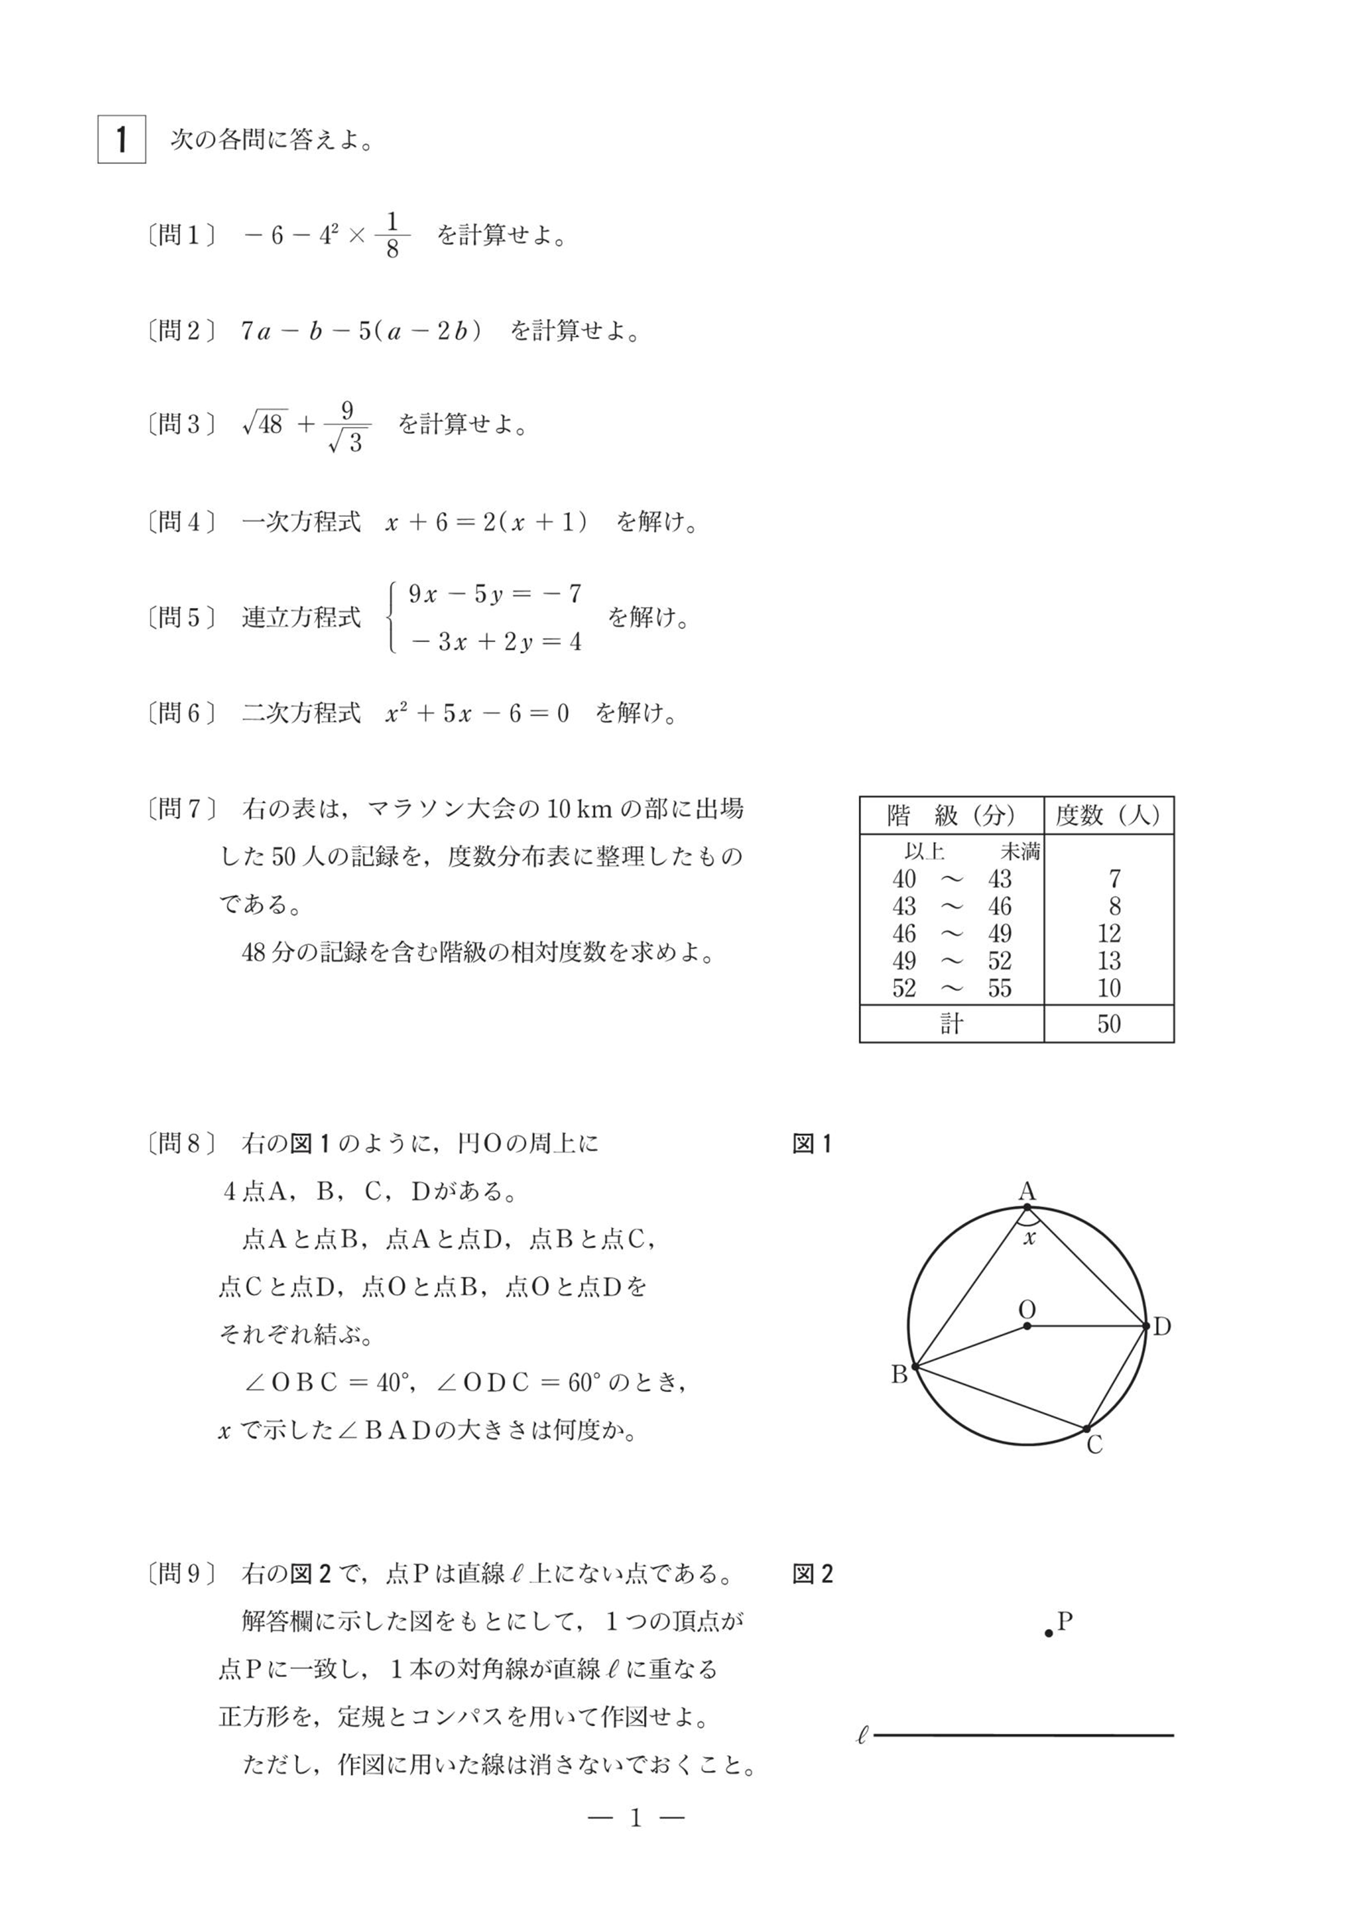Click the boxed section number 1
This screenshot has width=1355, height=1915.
coord(122,139)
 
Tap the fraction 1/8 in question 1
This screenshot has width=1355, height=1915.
coord(392,235)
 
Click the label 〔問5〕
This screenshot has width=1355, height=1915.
coord(181,617)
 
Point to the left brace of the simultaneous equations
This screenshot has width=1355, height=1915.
coord(391,617)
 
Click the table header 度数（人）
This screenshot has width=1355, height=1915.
coord(1108,815)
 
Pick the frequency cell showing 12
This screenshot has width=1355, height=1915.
coord(1109,933)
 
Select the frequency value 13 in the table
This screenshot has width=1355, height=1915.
coord(1109,961)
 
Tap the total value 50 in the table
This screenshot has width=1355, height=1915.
coord(1109,1024)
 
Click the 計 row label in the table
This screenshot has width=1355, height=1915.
coord(951,1024)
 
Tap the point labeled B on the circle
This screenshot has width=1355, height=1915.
coord(915,1367)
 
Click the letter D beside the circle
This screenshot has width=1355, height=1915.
coord(1162,1326)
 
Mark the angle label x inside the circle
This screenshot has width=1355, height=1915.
coord(1029,1238)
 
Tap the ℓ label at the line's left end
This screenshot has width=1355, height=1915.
coord(863,1736)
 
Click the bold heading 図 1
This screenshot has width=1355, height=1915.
coord(812,1144)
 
